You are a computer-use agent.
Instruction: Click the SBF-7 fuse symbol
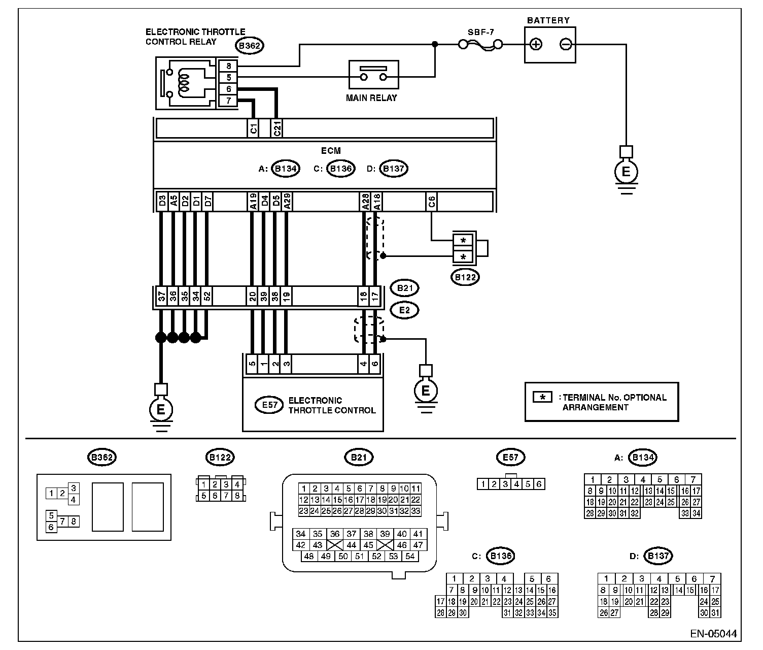(x=480, y=45)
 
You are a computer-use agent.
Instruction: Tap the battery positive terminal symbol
(x=536, y=45)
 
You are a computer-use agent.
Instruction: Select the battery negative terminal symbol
(x=566, y=45)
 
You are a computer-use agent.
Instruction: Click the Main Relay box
(x=373, y=75)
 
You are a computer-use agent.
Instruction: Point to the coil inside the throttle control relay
(x=184, y=83)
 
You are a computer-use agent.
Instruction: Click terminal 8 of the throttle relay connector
(x=228, y=66)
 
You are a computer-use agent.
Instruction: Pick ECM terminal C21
(x=277, y=128)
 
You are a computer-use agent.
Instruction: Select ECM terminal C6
(x=431, y=202)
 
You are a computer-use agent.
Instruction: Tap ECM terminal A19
(x=253, y=202)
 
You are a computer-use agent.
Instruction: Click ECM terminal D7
(x=207, y=202)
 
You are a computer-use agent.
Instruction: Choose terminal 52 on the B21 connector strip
(x=207, y=296)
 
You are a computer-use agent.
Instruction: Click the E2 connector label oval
(x=404, y=310)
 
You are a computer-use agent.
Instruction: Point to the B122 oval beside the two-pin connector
(x=465, y=277)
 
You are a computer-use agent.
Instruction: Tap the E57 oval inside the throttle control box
(x=269, y=405)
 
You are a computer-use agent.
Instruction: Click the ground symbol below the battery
(x=626, y=172)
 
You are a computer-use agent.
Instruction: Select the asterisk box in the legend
(x=542, y=397)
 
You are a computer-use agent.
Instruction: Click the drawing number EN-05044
(x=713, y=634)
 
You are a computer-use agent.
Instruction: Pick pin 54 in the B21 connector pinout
(x=410, y=556)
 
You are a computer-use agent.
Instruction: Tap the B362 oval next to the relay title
(x=250, y=46)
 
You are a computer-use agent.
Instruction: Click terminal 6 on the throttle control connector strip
(x=375, y=364)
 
